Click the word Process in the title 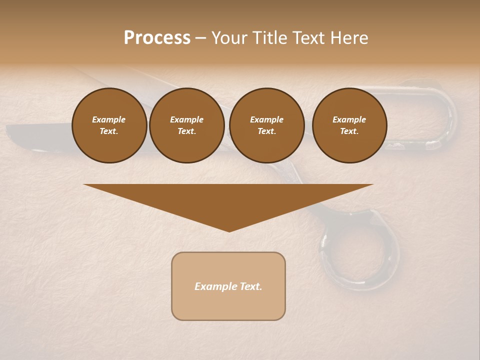pos(157,38)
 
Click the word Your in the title pos(228,38)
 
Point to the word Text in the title pos(309,38)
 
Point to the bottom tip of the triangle pos(229,231)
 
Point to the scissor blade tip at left pos(10,131)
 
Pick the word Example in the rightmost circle pos(349,119)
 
